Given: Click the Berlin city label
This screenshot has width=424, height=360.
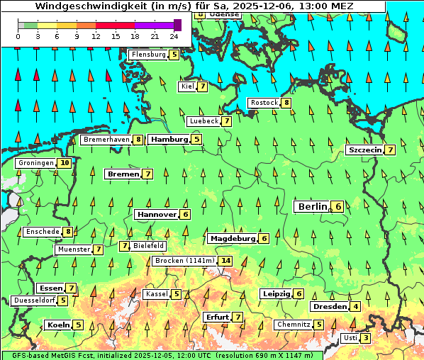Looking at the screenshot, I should point(312,206).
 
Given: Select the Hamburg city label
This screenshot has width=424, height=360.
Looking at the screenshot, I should point(169,140).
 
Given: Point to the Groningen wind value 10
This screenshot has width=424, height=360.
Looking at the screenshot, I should point(65,163).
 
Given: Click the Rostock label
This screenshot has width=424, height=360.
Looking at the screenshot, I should point(264,103).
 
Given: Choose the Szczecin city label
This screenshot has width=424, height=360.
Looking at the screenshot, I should point(365,150).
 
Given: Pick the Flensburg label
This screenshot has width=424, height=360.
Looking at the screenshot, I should point(149,55).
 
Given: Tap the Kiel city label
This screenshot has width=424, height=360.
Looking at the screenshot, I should point(187,86).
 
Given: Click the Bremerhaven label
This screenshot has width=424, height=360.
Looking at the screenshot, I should point(106,140).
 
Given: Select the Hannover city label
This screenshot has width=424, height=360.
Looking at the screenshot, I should point(157,214).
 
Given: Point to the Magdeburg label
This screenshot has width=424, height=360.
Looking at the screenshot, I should point(232,239).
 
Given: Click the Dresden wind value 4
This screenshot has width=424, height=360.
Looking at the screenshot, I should point(355,307).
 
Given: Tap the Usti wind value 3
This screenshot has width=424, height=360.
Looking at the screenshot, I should point(365,338).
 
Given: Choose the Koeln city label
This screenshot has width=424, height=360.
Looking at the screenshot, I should point(57,325).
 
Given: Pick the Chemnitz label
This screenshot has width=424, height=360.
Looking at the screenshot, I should point(294,325).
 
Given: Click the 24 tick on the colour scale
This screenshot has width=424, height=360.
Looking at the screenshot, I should point(174,35).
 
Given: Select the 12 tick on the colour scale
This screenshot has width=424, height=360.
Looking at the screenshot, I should point(96,35).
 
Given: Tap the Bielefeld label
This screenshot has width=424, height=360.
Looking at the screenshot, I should point(148,246).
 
